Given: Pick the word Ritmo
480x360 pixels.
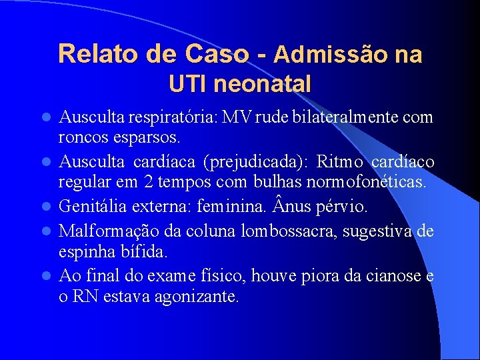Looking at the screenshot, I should click(x=341, y=163).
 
